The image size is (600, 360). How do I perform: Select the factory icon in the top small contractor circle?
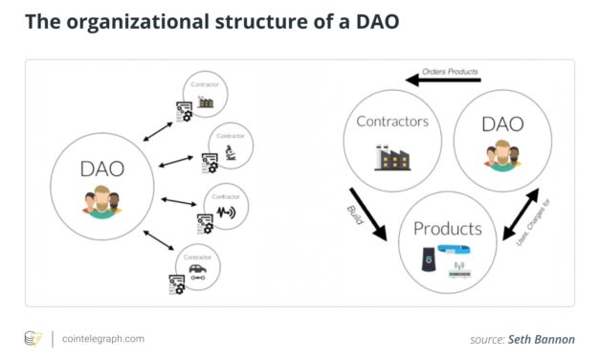coord(205,101)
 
